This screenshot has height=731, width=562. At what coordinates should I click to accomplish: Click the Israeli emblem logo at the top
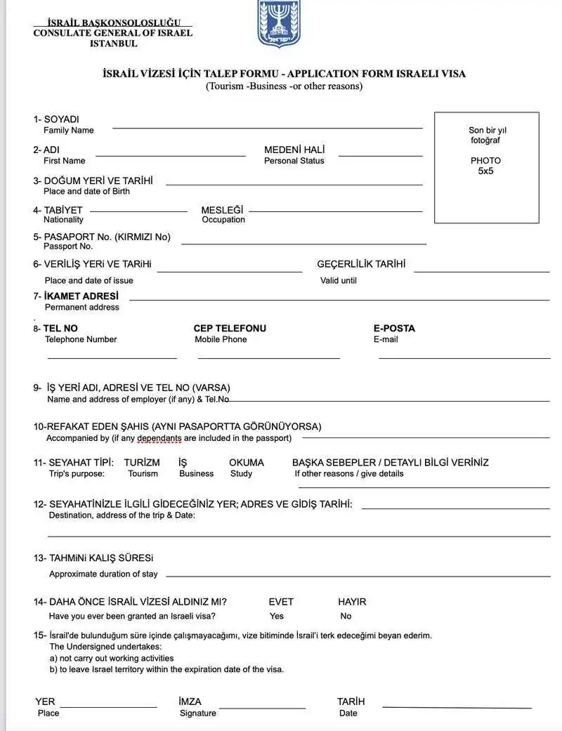click(x=278, y=22)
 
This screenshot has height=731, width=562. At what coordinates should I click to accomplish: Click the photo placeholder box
click(x=486, y=167)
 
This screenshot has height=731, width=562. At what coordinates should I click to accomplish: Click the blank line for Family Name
click(x=267, y=128)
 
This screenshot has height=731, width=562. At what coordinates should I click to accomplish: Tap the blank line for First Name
click(x=170, y=155)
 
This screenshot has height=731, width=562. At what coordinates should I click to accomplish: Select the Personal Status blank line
click(x=380, y=155)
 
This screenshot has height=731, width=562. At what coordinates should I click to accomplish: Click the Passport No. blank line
click(x=303, y=244)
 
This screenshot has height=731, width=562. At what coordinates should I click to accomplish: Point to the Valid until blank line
click(x=481, y=271)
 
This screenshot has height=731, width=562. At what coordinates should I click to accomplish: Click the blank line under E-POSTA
click(x=464, y=357)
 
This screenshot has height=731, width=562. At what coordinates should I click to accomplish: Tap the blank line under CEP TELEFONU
click(x=268, y=357)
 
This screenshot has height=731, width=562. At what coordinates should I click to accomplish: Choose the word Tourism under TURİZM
click(x=143, y=474)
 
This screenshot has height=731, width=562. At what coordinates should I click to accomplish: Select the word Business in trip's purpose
click(x=196, y=474)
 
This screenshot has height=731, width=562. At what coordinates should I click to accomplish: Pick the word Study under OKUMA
click(x=241, y=474)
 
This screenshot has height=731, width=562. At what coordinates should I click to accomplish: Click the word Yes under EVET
click(x=277, y=617)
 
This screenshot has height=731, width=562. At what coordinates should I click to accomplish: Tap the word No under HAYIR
click(x=346, y=617)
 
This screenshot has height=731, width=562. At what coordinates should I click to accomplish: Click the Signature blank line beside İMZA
click(x=262, y=707)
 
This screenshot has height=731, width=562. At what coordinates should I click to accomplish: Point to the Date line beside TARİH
click(x=457, y=707)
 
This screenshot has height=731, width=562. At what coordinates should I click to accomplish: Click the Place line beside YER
click(x=108, y=707)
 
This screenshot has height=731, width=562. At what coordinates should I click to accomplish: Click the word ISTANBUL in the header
click(x=113, y=44)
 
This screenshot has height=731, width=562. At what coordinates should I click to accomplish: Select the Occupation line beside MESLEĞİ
click(x=335, y=211)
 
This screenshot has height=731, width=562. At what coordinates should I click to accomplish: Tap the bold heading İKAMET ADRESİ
click(x=81, y=296)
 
